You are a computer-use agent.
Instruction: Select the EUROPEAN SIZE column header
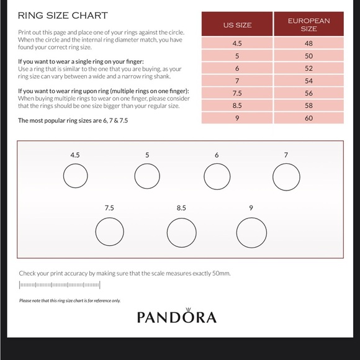[308, 25]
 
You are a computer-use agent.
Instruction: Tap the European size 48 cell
[308, 44]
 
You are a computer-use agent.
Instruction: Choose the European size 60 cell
[308, 117]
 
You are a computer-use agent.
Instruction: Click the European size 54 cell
[308, 81]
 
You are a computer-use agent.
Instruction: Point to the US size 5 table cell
[237, 55]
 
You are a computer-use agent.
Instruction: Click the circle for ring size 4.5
[75, 176]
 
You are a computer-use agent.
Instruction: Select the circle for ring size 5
[147, 176]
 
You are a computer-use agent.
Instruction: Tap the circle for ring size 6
[217, 176]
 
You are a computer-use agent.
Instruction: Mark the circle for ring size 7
[286, 177]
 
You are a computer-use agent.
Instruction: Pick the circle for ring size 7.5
[109, 232]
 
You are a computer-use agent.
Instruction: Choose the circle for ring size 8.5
[181, 233]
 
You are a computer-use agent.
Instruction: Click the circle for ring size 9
[251, 233]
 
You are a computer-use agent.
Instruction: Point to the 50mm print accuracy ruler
[60, 286]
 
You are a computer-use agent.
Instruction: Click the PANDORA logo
[177, 318]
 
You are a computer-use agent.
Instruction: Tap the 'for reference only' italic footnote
[70, 301]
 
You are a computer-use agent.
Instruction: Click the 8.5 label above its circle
[181, 208]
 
